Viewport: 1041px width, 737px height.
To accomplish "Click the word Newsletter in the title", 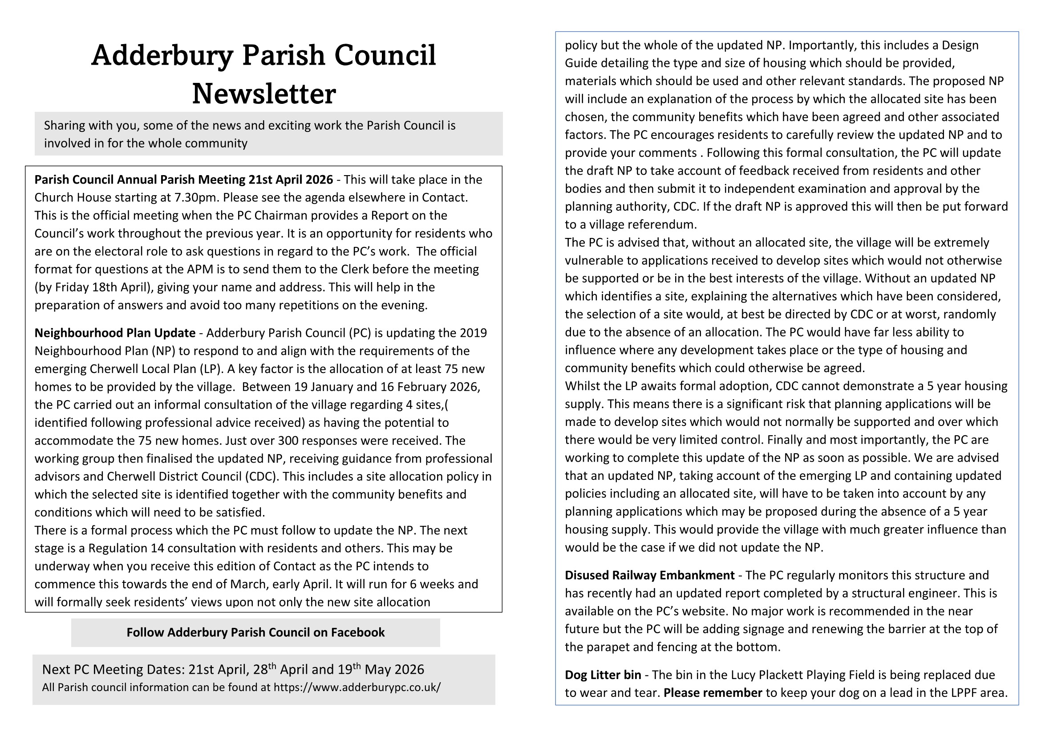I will [264, 94].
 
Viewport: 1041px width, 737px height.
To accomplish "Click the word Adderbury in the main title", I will [162, 55].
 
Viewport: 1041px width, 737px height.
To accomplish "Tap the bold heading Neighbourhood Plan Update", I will [115, 333].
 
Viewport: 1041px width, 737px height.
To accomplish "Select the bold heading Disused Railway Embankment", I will [649, 575].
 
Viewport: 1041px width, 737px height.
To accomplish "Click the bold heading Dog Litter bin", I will [603, 675].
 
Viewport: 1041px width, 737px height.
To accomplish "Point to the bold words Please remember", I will [713, 693].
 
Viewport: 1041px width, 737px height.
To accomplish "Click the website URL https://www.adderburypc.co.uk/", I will [357, 688].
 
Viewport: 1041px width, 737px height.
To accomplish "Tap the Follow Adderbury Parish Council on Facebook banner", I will [255, 633].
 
